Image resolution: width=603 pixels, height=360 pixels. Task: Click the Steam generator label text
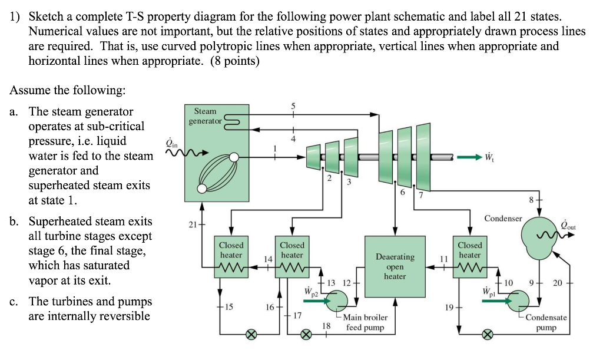[205, 115]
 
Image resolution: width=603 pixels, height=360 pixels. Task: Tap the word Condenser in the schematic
[502, 219]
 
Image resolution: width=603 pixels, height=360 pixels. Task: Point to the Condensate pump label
[546, 322]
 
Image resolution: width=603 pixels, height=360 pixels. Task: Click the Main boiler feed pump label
[365, 322]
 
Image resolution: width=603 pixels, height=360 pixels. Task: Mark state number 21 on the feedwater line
[192, 225]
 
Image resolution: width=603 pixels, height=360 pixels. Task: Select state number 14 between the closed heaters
[268, 259]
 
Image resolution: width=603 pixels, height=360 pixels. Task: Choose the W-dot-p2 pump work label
[312, 292]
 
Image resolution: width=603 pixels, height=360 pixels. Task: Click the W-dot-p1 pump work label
[488, 292]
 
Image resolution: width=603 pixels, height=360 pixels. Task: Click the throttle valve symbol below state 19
[487, 335]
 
